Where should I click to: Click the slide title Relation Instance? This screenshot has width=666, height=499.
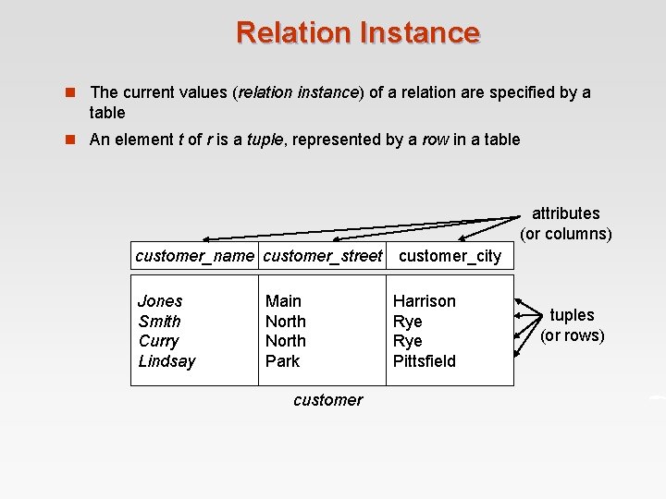point(358,32)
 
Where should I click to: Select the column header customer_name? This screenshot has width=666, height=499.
point(194,256)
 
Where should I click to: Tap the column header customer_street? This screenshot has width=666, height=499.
point(323,256)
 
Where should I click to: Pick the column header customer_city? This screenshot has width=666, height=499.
point(450,256)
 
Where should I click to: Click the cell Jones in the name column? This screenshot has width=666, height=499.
point(160,301)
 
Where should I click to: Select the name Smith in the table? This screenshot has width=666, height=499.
point(159,322)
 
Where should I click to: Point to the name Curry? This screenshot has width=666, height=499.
point(158,341)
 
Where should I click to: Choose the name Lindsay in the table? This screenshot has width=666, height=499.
point(166,361)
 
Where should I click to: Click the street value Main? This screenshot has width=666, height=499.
point(283,301)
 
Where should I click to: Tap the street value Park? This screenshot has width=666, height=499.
point(282,361)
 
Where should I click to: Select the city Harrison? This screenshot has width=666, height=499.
point(424,301)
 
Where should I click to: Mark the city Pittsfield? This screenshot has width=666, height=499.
point(424,361)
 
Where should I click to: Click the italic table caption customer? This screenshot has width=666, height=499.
point(327,400)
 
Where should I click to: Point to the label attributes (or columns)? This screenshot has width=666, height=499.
point(565,224)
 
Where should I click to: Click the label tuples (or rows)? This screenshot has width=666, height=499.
point(572,325)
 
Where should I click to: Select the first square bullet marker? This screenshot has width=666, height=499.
point(68,92)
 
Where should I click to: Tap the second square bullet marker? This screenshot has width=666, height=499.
point(68,140)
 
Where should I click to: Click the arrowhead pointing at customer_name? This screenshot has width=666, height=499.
point(207,240)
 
